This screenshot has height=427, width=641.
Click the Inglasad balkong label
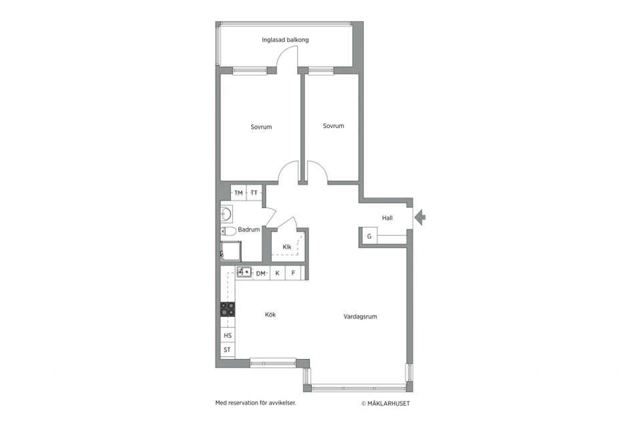point(285,40)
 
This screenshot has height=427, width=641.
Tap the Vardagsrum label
point(361,317)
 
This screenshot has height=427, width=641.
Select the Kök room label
point(270,315)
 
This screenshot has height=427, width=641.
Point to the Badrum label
point(248,230)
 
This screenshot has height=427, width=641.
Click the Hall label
point(387,218)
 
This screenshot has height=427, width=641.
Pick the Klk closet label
point(287,248)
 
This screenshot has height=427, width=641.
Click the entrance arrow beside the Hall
point(421,218)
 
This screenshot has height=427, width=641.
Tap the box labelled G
point(369,236)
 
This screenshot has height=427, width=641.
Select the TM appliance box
point(238,193)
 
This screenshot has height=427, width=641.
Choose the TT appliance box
point(254,193)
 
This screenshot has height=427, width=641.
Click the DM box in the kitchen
point(260,273)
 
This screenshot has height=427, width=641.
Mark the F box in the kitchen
point(293,273)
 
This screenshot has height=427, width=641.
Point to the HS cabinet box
point(228,336)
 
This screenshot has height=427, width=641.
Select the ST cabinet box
point(228,350)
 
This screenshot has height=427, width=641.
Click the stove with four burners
point(228,309)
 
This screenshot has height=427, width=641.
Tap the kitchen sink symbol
point(244,272)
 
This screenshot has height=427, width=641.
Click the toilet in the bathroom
point(228,232)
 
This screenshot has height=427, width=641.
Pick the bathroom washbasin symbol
point(226,214)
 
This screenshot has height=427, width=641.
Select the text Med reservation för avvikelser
point(255,403)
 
